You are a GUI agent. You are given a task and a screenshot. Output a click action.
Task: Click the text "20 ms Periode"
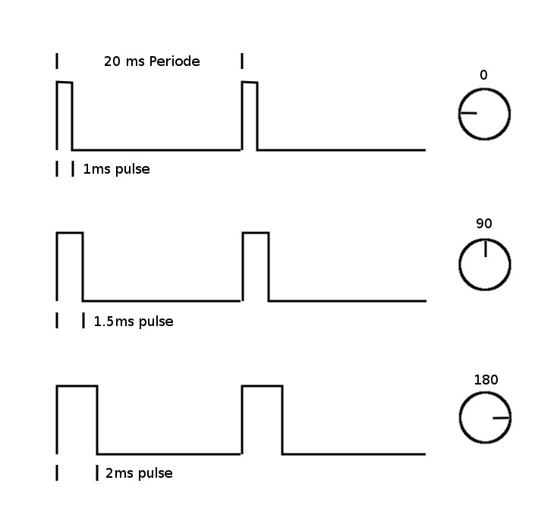coord(152,61)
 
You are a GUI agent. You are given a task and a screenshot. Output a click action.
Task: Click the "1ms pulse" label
coord(116,169)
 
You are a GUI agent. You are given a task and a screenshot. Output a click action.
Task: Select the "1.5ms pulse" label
coord(133,322)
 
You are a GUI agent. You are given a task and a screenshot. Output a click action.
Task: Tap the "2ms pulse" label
coord(138,473)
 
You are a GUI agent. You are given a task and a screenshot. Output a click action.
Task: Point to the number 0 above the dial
coord(483,75)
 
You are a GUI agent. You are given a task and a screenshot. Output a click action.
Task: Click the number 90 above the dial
coord(484,224)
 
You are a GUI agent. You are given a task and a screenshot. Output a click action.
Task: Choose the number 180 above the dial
coord(486,379)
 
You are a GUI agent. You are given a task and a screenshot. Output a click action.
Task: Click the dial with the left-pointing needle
coord(484,115)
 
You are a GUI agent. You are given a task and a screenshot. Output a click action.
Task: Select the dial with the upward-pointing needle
coord(484,265)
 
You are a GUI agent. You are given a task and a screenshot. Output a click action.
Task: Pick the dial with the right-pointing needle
coord(484,418)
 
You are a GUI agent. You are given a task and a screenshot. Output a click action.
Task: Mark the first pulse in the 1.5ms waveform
coord(70,265)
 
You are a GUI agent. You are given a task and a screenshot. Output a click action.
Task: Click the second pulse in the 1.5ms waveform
coord(255,265)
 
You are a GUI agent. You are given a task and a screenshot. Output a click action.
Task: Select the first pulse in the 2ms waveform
coord(77,419)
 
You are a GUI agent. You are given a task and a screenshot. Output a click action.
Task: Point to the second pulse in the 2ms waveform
coord(262,419)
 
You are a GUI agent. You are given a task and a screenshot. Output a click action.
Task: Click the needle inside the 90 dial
coord(485,250)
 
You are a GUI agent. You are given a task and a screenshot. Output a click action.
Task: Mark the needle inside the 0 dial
coord(468,114)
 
